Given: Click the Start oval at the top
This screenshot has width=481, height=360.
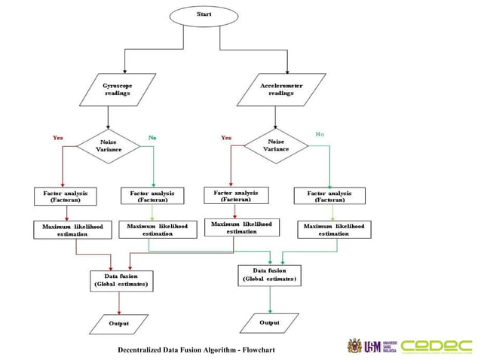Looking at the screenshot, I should point(204,14).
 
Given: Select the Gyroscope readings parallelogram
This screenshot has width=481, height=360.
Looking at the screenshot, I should point(117,90).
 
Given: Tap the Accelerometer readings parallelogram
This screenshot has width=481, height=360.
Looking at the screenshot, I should point(280,90).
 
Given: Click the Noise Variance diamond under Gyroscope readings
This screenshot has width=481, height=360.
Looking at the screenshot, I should point(110,145).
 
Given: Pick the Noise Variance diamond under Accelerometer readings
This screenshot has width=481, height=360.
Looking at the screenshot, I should point(276,145).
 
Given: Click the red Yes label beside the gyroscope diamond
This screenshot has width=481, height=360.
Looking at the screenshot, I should point(58,138).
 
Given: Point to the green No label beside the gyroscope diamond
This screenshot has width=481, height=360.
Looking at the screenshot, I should point(152,138).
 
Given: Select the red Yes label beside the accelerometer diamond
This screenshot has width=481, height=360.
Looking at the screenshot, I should point(226,138).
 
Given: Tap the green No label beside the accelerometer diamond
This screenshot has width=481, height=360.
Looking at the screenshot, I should point(320,134).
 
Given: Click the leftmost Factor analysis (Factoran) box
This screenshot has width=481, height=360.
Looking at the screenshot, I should point(65,197).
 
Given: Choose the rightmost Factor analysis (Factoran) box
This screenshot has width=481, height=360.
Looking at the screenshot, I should point(329,196).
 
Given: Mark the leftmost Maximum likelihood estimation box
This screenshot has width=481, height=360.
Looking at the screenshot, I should point(72,230).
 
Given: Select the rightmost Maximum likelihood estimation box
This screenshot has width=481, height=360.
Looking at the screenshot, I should point(333,230).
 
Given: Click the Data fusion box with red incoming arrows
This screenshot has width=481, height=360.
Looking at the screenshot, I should point(121,280).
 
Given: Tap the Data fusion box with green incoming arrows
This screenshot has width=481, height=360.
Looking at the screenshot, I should point(269,275).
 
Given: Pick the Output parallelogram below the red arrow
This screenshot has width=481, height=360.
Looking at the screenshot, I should point(118,323).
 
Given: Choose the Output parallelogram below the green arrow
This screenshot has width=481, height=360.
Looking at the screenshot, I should point(269,322).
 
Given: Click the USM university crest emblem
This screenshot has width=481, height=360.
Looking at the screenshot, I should point(354,346).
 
